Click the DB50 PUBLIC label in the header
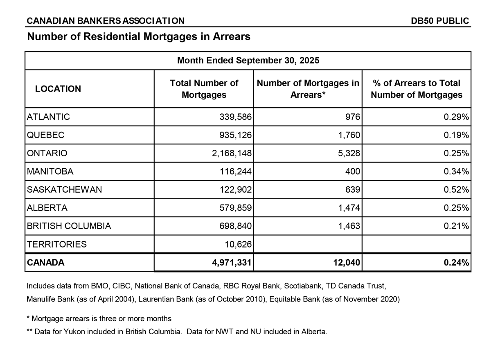point(440,21)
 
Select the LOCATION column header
point(58,89)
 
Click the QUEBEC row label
point(45,135)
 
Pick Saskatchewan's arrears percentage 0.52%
point(456,190)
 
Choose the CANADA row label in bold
point(45,263)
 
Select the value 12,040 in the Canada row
point(346,263)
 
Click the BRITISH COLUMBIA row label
point(69,226)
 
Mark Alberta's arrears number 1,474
point(348,208)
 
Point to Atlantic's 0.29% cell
point(456,117)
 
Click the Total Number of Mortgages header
point(204,89)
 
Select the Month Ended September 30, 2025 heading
point(248,61)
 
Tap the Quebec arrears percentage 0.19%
point(456,135)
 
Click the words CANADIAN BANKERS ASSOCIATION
point(106,21)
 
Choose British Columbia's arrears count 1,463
point(348,226)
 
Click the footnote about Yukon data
point(177,332)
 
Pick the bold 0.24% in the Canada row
point(456,263)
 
